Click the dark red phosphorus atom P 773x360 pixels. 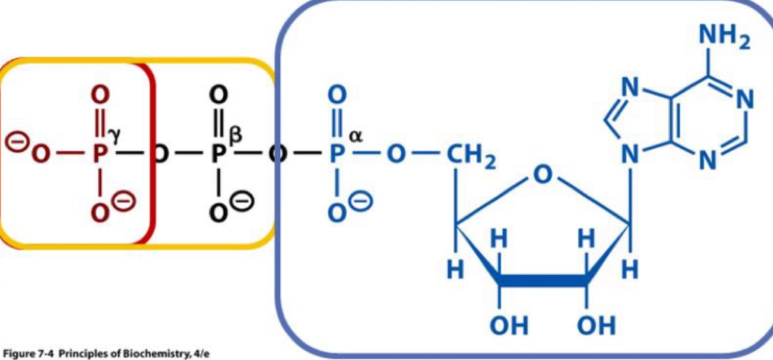point(100,155)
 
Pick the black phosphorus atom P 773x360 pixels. point(218,155)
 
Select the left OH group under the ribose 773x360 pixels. point(508,326)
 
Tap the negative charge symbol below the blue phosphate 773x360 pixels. point(363,202)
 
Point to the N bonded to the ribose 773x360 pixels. point(630,155)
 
